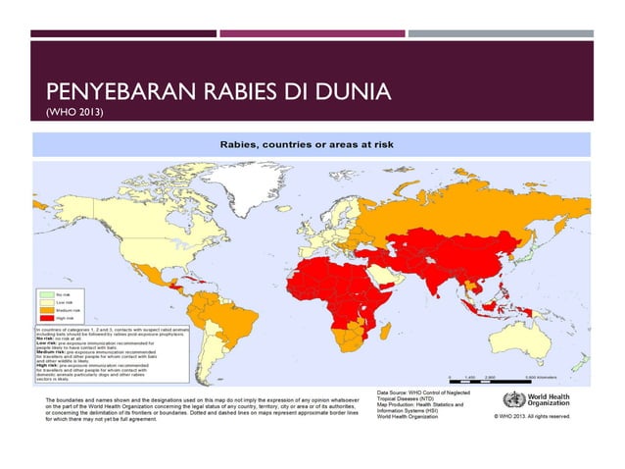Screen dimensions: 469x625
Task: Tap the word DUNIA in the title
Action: pos(349,95)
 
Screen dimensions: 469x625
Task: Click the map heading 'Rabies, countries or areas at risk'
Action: pos(312,144)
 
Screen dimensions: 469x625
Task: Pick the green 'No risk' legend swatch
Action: pos(46,292)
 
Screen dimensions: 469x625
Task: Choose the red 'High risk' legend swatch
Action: pos(46,318)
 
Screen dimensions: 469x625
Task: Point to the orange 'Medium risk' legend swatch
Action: pos(46,309)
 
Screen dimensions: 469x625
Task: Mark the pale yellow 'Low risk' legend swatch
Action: pos(46,301)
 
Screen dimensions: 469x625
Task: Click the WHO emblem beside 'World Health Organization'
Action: pos(512,399)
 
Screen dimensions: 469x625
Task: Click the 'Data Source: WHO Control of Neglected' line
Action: pos(428,391)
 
